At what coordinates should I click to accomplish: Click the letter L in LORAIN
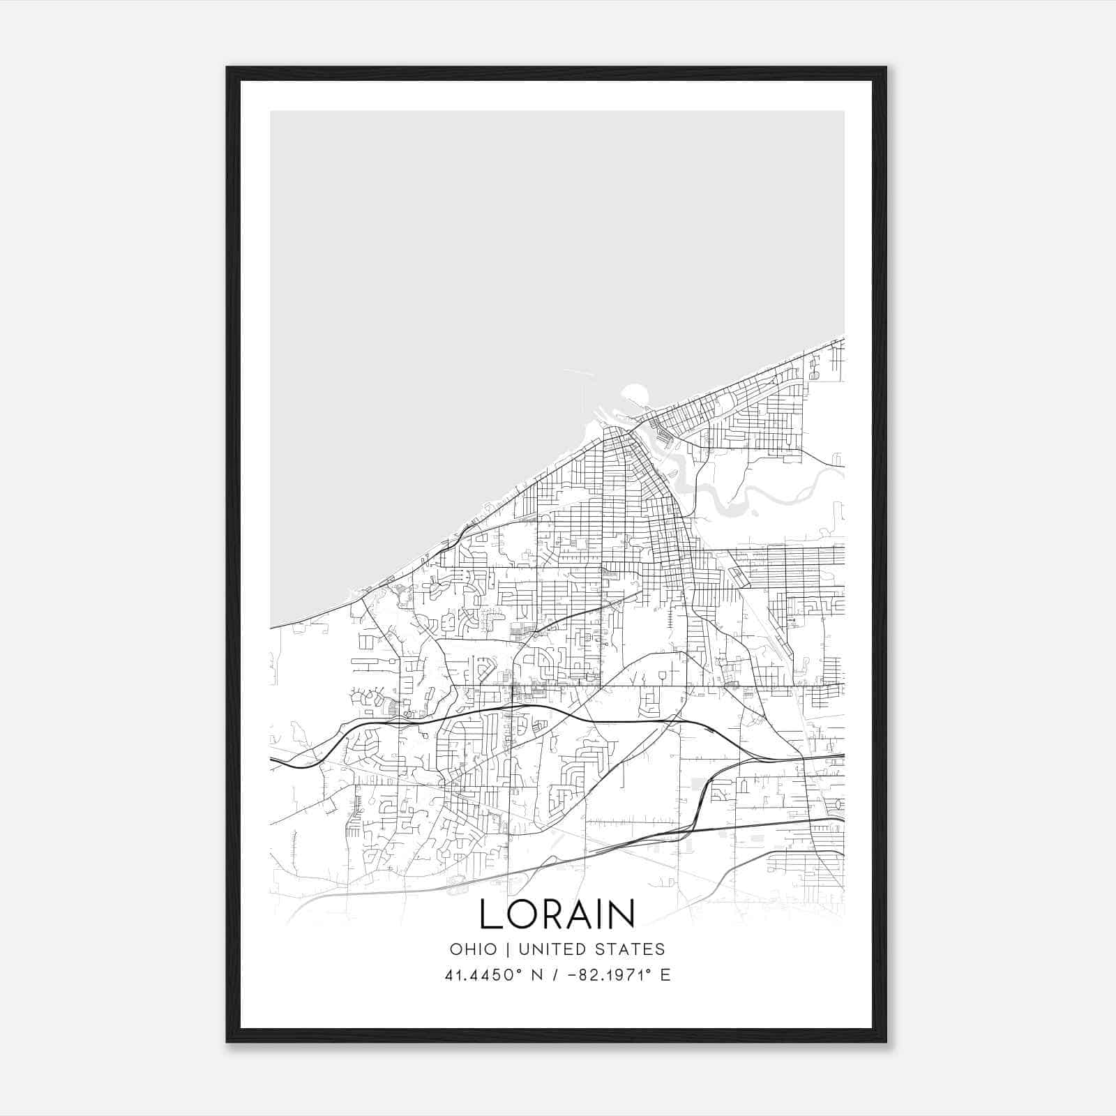(x=490, y=914)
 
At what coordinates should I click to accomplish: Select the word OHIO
(x=474, y=949)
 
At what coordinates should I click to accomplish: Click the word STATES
(x=634, y=949)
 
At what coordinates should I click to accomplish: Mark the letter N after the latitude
(x=537, y=975)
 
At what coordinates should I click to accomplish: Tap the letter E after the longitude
(x=665, y=975)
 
